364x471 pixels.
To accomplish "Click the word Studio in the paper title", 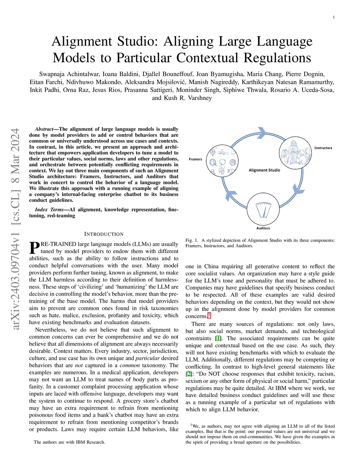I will click(x=135, y=42).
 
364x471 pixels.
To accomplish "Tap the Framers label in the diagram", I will click(x=195, y=159).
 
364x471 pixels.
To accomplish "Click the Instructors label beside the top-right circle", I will click(x=323, y=148).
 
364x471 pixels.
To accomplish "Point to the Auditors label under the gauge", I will click(x=263, y=228).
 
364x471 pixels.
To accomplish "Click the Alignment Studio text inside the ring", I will click(x=264, y=170).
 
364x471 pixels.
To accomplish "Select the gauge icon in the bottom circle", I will click(x=263, y=209).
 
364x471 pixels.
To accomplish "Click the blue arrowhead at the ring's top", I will click(x=262, y=132).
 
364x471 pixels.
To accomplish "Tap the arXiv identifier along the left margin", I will click(x=15, y=229).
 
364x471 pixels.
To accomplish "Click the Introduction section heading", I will click(x=104, y=234).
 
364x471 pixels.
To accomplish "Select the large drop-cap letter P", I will click(x=34, y=248).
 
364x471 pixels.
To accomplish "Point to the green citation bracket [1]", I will click(x=218, y=338).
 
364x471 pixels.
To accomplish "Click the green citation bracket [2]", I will click(x=189, y=374).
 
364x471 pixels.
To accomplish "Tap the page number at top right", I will click(x=333, y=17).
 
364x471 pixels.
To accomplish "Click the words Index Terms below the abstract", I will click(x=49, y=210).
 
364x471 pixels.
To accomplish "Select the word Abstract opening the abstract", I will click(x=44, y=129).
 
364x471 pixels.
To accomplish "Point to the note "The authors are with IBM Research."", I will click(x=69, y=442).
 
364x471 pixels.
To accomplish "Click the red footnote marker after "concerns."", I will click(x=209, y=315).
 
